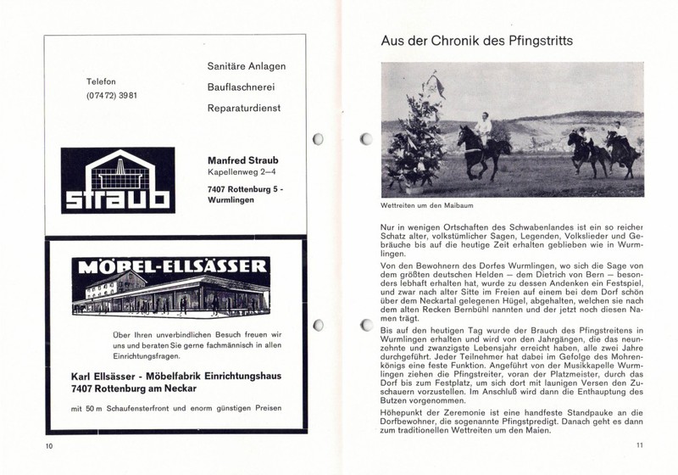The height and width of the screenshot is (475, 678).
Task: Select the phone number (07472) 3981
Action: [x=112, y=94]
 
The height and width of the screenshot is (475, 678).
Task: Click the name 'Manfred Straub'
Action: [x=244, y=161]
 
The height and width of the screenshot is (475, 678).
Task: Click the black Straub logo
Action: [x=119, y=180]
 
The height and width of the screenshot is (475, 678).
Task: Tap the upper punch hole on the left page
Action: [x=320, y=139]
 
